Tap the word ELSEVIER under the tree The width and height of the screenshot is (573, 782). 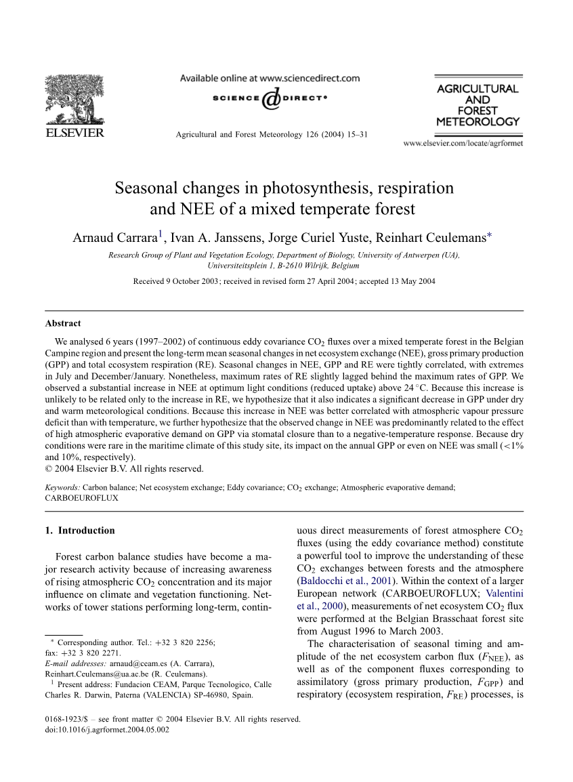(75, 132)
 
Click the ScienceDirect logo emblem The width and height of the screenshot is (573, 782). (270, 98)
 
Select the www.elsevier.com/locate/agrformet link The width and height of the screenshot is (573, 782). (463, 144)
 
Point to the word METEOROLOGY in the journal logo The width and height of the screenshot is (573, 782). (477, 122)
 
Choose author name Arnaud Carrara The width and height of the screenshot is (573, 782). (115, 237)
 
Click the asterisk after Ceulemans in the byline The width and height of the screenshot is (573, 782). (490, 235)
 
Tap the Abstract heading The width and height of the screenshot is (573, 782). (63, 323)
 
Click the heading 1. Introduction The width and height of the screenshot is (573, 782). (80, 531)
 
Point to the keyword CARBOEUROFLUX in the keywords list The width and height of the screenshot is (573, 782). (81, 497)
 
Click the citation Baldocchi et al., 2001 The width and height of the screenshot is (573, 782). (333, 581)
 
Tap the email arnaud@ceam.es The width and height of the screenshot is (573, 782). (135, 663)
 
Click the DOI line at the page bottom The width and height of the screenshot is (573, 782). (107, 730)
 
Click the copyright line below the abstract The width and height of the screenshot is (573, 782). (124, 468)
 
